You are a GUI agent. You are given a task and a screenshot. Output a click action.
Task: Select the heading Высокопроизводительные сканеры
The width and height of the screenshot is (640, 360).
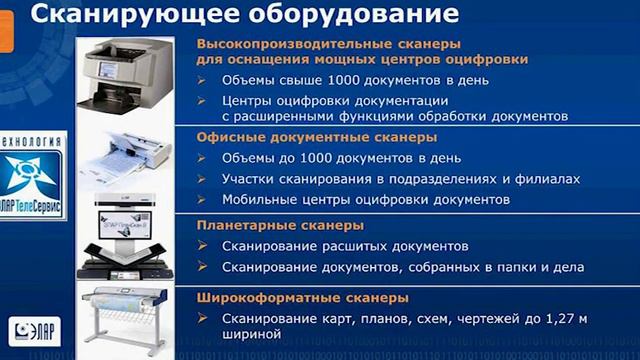330,46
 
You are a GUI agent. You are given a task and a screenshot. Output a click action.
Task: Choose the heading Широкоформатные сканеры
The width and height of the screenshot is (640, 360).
302,298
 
